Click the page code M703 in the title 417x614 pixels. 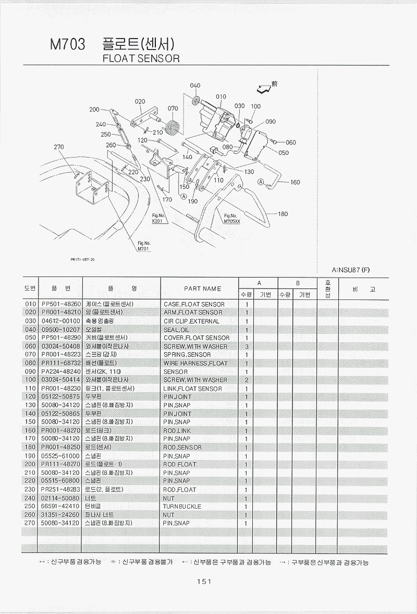tap(67, 45)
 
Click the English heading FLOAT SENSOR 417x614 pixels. tap(142, 58)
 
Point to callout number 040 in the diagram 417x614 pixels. tap(195, 86)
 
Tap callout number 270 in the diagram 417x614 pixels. tap(59, 147)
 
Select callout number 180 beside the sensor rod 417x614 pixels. tap(283, 214)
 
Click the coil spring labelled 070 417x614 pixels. tap(174, 127)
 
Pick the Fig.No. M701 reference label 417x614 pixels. tap(144, 246)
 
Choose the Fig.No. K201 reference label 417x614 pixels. tap(158, 219)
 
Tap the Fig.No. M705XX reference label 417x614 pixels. tap(230, 219)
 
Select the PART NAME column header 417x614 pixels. tap(202, 288)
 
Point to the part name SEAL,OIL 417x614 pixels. tap(177, 330)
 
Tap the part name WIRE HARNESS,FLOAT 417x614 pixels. tap(195, 363)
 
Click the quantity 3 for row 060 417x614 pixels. tap(246, 346)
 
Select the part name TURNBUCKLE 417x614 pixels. tap(182, 507)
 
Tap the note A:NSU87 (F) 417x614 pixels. tap(350, 270)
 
